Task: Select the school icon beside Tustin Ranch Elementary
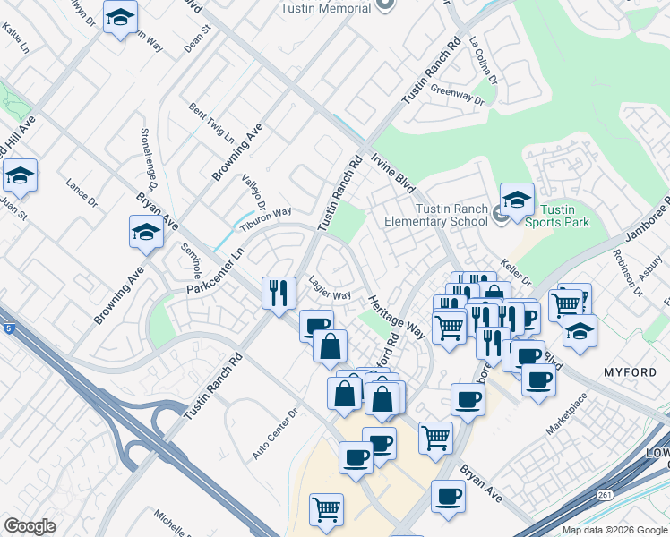tap(517, 200)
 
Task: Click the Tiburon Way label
tap(267, 216)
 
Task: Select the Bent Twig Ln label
tap(210, 123)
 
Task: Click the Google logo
tap(30, 526)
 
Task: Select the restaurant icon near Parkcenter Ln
tap(279, 291)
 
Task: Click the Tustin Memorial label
tap(325, 8)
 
